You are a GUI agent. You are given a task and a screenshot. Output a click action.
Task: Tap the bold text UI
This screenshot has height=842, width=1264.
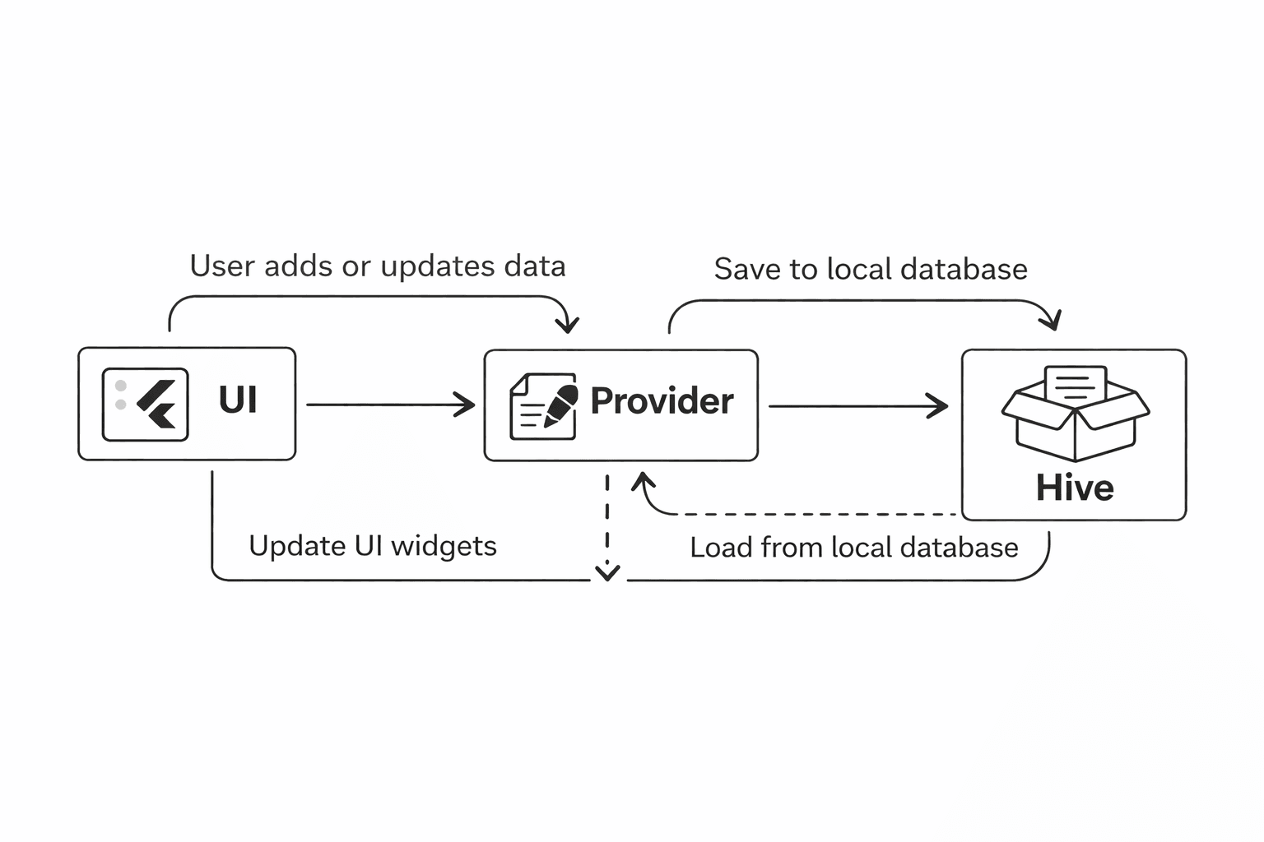click(x=238, y=400)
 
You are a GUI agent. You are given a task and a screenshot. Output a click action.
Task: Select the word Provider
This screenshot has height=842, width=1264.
click(x=662, y=401)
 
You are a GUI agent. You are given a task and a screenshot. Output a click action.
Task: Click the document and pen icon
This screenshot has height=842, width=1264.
click(x=543, y=405)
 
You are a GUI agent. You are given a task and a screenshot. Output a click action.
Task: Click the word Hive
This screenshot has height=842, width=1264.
click(x=1075, y=488)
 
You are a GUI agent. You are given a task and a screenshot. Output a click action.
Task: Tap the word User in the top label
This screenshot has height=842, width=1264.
click(x=216, y=266)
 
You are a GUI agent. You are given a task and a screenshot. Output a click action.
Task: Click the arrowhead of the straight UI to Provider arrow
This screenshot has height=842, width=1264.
click(x=467, y=405)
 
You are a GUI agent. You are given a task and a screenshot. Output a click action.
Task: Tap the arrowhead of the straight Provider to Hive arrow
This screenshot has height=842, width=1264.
click(x=940, y=405)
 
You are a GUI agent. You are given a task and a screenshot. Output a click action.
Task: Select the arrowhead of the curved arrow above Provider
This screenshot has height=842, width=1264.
click(x=567, y=325)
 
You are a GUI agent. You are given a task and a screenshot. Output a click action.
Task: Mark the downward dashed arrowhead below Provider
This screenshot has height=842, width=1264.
click(x=607, y=572)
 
